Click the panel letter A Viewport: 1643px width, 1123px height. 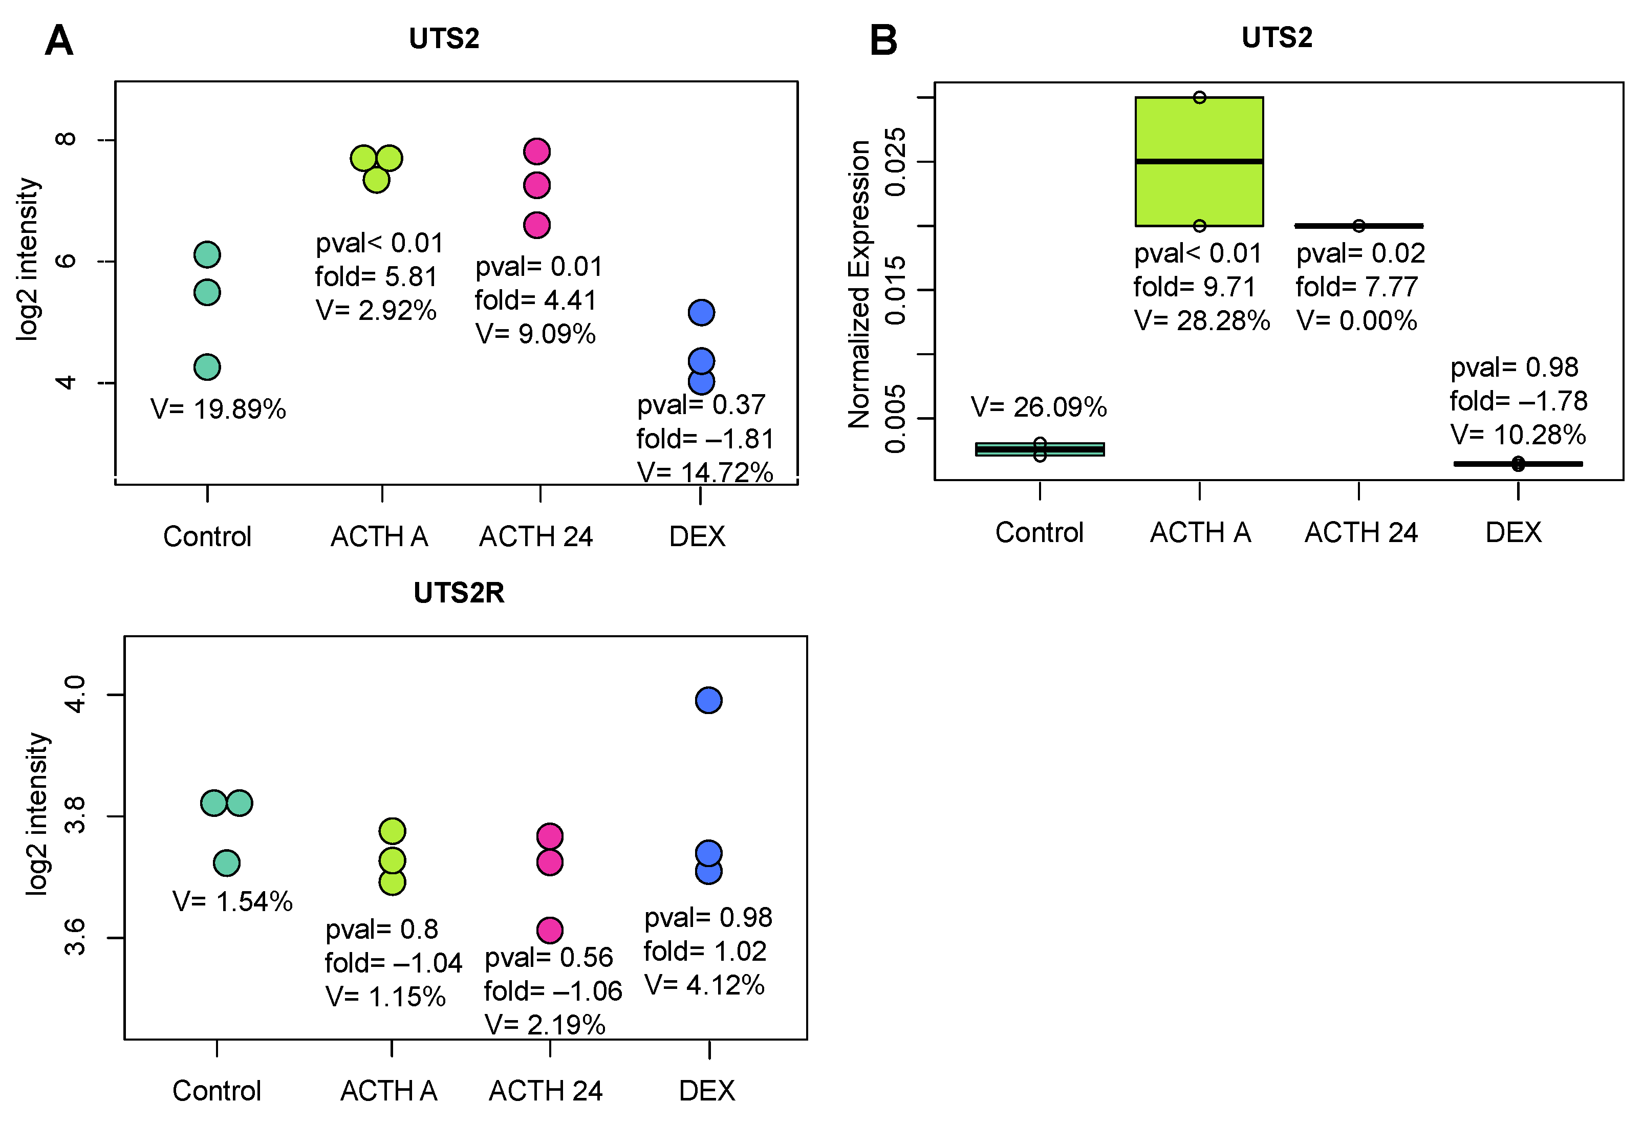(59, 40)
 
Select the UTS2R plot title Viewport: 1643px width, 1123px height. (459, 593)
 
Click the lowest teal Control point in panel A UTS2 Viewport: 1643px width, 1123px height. (207, 367)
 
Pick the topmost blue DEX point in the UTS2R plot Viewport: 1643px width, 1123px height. (708, 700)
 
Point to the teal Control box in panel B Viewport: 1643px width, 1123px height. (1039, 449)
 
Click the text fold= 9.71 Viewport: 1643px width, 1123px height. (1194, 287)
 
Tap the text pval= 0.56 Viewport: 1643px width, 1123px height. (549, 958)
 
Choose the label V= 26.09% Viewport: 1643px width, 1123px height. (1039, 407)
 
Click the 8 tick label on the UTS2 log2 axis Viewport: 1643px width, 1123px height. (66, 139)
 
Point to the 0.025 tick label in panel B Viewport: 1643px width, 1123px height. (895, 162)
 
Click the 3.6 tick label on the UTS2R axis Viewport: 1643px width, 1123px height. (75, 938)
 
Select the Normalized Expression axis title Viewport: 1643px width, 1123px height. (858, 284)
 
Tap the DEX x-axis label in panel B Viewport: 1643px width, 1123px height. (1513, 532)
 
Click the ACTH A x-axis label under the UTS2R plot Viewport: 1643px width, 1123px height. (389, 1090)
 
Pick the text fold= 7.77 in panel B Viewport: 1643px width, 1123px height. (1357, 287)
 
